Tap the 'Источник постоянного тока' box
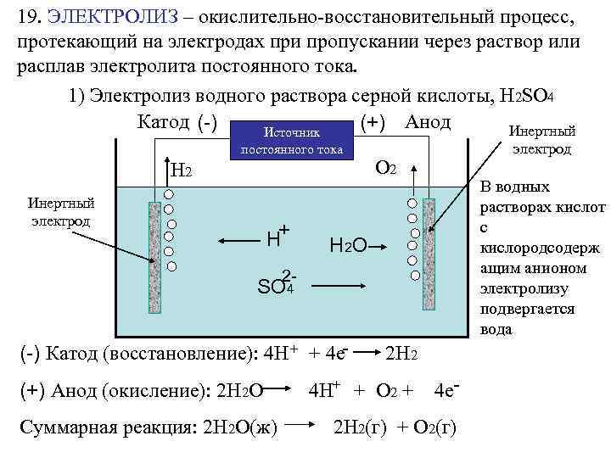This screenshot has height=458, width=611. click(x=291, y=141)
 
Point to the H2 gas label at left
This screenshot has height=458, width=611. click(x=182, y=171)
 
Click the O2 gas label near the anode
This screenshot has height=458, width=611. click(x=384, y=169)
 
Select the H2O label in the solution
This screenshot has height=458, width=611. click(x=348, y=246)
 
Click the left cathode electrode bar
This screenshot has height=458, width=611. click(x=155, y=237)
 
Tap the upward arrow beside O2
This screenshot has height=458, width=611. click(x=414, y=181)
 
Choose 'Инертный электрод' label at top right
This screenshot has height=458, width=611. click(x=541, y=140)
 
